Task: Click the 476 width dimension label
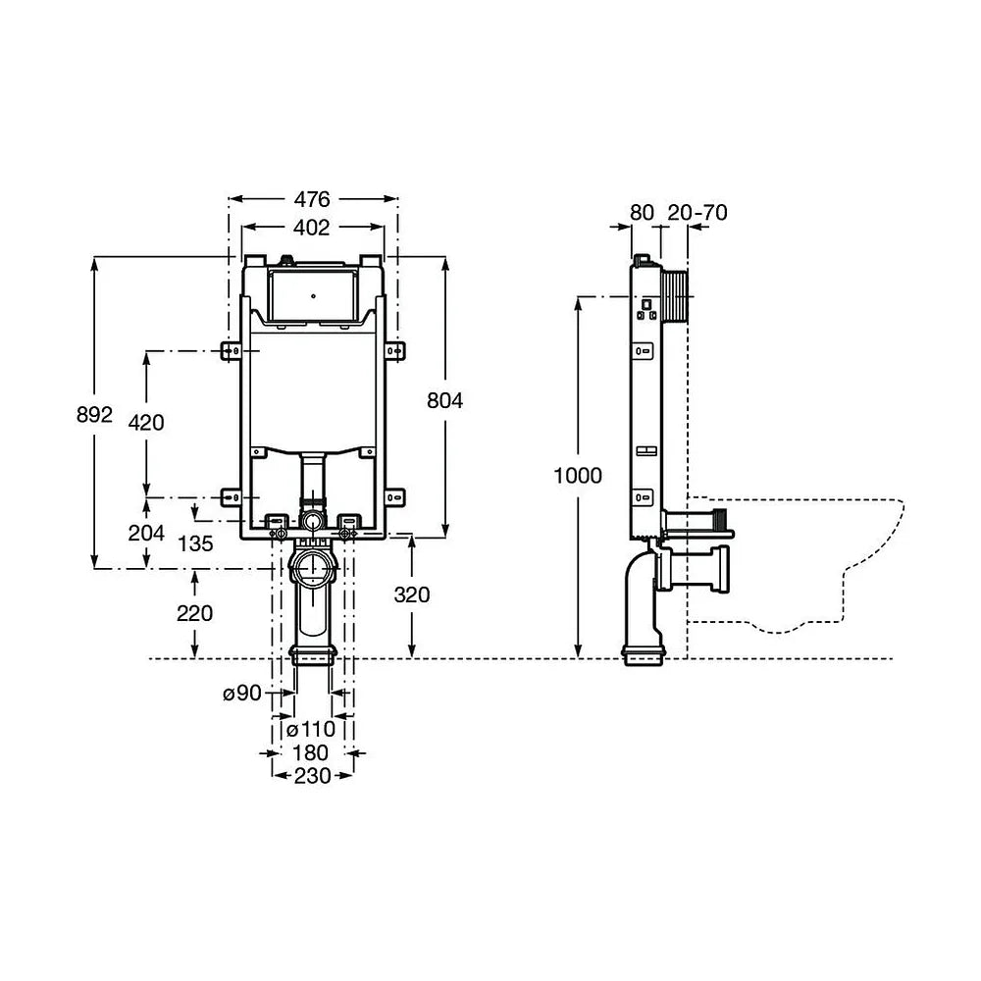pyautogui.click(x=312, y=199)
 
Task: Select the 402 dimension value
pyautogui.click(x=311, y=228)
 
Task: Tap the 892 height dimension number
pyautogui.click(x=94, y=414)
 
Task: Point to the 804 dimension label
pyautogui.click(x=444, y=400)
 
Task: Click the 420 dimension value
pyautogui.click(x=146, y=423)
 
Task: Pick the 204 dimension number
pyautogui.click(x=146, y=533)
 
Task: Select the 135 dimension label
pyautogui.click(x=195, y=543)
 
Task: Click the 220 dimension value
pyautogui.click(x=194, y=613)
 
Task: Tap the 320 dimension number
pyautogui.click(x=412, y=594)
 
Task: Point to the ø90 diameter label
pyautogui.click(x=242, y=694)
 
